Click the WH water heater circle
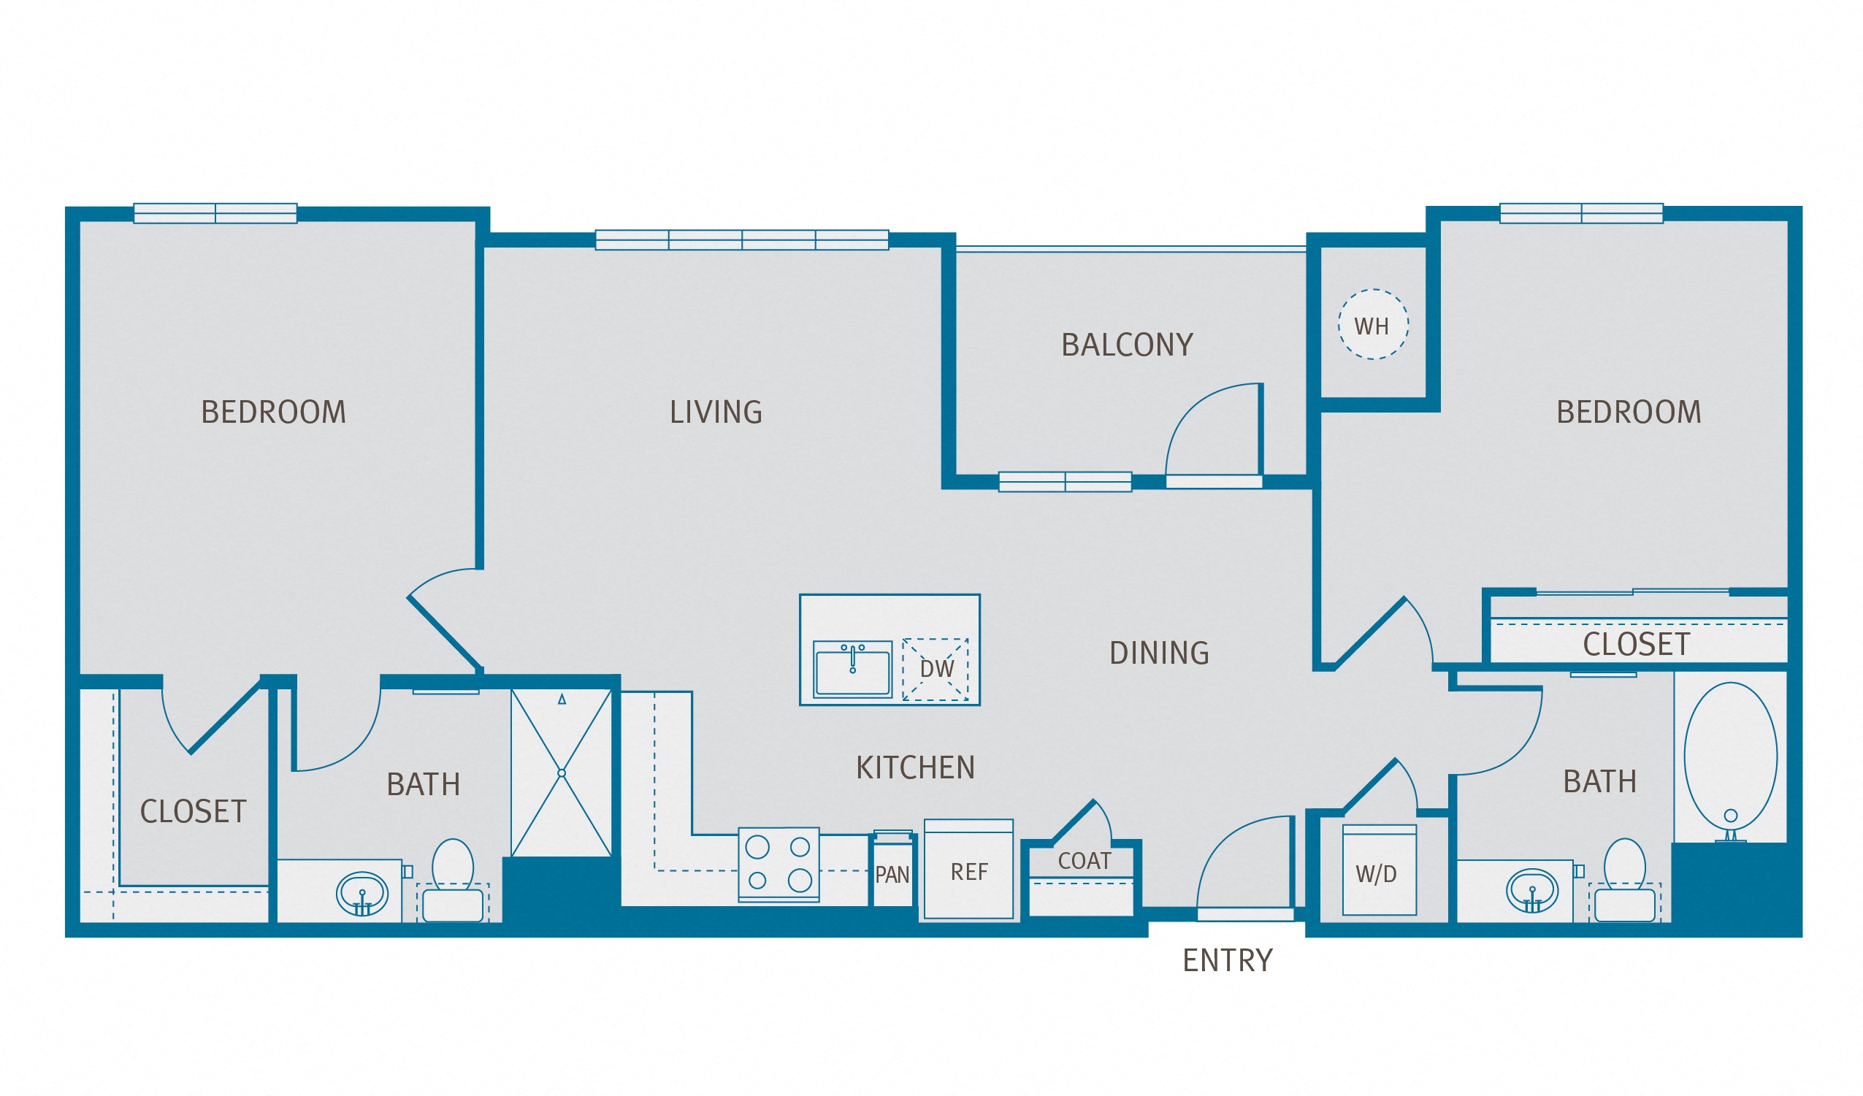1373,324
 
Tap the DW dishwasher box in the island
936,669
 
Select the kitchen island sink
852,669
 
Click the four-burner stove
779,864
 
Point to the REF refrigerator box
968,870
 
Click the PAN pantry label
892,875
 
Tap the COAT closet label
1084,861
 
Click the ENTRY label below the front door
1228,961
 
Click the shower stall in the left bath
561,773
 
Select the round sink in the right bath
1533,891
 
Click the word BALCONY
1128,345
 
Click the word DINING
1159,654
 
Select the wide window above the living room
741,240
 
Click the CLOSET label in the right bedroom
1636,645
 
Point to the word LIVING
716,413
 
